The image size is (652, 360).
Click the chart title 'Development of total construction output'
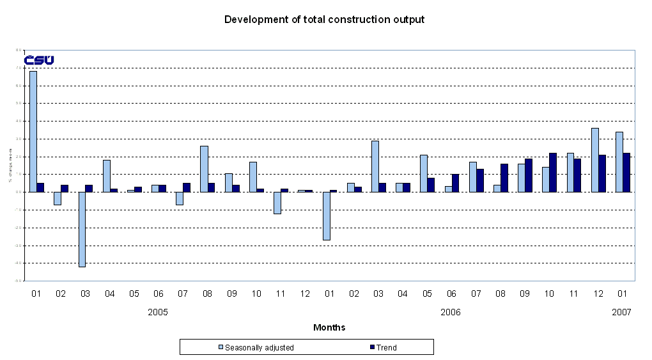tap(324, 19)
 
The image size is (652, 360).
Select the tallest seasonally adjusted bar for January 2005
tap(33, 131)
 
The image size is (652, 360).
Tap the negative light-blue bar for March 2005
tap(82, 229)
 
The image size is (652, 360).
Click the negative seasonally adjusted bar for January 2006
tap(326, 215)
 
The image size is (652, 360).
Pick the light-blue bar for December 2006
tap(595, 160)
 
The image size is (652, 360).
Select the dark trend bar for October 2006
tap(553, 172)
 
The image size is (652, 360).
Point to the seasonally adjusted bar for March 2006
tap(375, 166)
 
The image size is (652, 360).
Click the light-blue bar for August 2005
tap(204, 169)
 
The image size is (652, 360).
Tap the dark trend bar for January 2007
tap(626, 172)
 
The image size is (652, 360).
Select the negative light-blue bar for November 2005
tap(277, 203)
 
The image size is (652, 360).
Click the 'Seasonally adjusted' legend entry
tap(256, 347)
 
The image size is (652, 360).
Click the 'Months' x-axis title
tap(329, 327)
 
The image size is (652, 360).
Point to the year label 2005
tap(158, 312)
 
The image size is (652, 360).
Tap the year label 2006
tap(451, 312)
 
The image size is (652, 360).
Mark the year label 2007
tap(621, 312)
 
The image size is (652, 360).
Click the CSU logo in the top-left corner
tap(39, 60)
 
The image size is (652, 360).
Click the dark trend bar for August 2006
tap(504, 178)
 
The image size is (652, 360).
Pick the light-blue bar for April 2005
tap(106, 176)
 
